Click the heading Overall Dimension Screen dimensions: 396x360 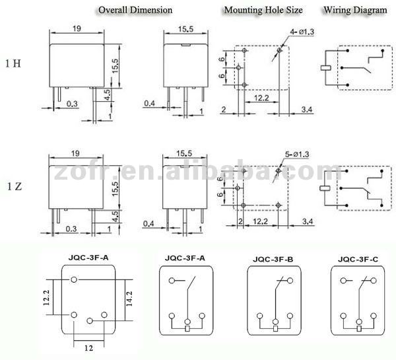135,10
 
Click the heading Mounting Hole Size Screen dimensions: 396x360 263,10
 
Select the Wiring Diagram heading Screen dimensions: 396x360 355,10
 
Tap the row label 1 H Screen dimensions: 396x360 13,63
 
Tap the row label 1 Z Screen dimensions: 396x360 15,186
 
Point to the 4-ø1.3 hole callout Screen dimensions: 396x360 302,32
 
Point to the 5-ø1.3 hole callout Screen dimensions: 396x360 297,154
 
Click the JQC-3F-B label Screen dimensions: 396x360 273,260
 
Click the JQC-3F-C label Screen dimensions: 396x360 358,260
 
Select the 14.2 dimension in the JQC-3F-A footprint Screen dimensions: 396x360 129,299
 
